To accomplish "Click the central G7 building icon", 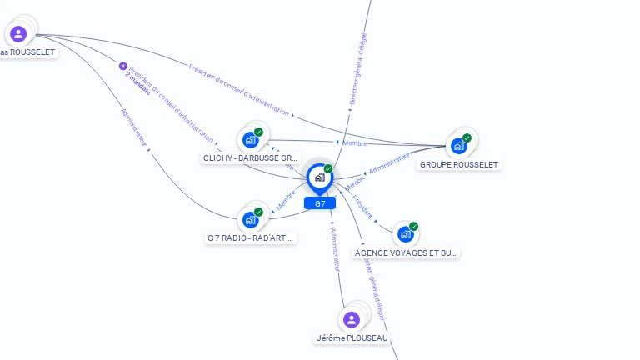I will (x=319, y=177).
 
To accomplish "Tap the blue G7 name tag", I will (x=320, y=203).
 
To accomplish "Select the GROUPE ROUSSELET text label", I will (x=459, y=165).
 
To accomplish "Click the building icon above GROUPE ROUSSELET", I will (x=458, y=146).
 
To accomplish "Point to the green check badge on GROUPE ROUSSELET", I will (x=467, y=138).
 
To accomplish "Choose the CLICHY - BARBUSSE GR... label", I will (x=251, y=157).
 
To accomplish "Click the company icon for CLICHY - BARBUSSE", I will (x=250, y=140).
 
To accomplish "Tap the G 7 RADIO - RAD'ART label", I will (x=251, y=238).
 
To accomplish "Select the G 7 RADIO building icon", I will (x=250, y=220).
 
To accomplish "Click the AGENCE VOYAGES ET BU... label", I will (x=407, y=252).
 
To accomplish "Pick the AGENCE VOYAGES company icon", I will (x=405, y=234).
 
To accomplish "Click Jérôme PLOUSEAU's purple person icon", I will (x=352, y=319).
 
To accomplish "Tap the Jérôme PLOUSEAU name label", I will (x=352, y=337).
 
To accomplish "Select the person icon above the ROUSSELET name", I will (x=18, y=34).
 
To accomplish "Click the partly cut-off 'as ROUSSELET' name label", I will (x=27, y=52).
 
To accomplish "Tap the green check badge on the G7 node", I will (x=328, y=169).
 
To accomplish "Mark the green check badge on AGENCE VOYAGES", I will (x=413, y=227).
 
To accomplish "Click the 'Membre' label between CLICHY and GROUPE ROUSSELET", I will (x=354, y=143).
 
